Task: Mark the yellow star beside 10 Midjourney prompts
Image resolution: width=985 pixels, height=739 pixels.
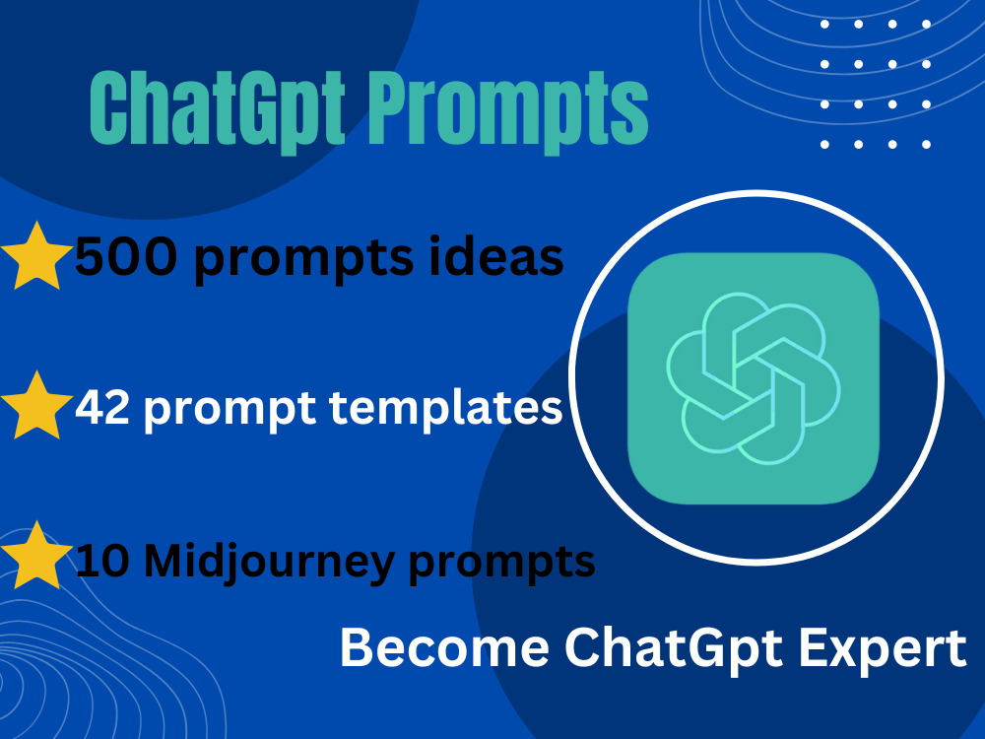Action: [37, 554]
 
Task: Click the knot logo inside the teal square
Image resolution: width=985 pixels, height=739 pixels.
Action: [754, 378]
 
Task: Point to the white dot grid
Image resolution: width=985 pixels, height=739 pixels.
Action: [876, 84]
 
